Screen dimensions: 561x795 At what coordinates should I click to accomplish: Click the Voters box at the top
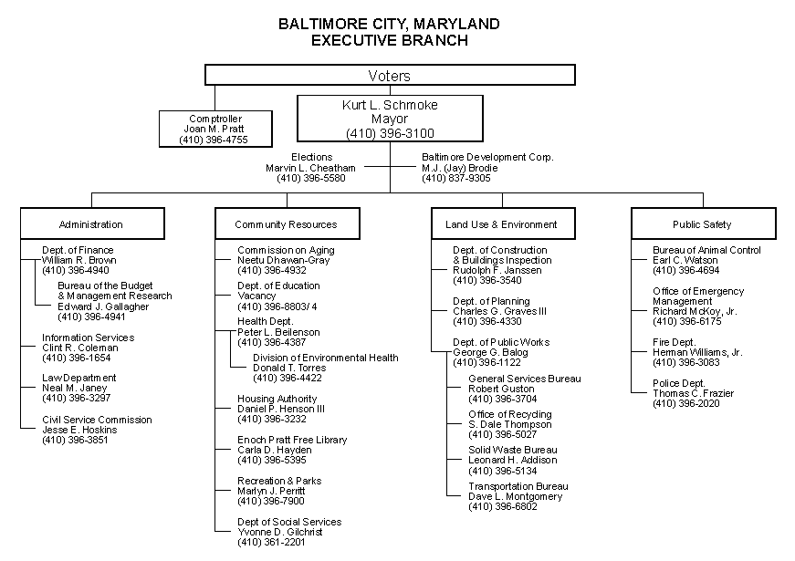tap(390, 76)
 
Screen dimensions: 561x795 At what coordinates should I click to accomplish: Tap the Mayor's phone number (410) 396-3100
tap(389, 133)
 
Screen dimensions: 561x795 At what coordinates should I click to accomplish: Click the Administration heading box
tap(91, 223)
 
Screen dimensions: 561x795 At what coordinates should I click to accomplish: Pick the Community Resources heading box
tap(286, 223)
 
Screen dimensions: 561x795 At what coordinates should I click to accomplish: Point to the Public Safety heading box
tap(702, 223)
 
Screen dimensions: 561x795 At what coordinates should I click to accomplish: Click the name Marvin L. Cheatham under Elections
tap(311, 168)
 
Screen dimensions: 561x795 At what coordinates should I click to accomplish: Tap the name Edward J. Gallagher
tap(103, 306)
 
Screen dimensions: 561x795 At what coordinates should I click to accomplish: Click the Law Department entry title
tap(79, 378)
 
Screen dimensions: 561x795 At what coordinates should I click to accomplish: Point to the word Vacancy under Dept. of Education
tap(256, 296)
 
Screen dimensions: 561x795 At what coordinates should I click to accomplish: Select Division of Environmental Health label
tap(325, 358)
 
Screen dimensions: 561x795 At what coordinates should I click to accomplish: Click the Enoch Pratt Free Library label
tap(292, 440)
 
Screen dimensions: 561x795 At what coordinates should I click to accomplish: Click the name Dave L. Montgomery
tap(515, 496)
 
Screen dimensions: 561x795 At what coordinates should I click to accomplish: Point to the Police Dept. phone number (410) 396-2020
tap(685, 403)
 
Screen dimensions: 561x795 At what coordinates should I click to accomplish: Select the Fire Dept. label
tap(674, 342)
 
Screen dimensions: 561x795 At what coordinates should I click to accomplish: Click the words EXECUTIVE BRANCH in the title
tap(389, 40)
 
